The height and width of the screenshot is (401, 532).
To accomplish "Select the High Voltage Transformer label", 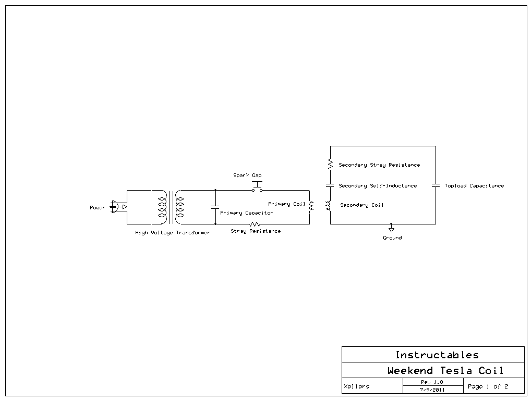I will point(172,233).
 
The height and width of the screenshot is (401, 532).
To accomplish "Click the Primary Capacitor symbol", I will point(215,207).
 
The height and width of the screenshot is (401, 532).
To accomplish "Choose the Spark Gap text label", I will point(247,176).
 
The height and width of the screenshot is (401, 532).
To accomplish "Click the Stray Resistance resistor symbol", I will point(255,224).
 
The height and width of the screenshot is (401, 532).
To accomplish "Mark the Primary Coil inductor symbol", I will point(311,207).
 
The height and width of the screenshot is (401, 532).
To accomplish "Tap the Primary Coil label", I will point(286,204).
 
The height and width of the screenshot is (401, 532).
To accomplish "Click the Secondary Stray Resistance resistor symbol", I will point(330,165).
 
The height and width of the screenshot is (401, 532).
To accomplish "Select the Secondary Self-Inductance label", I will point(378,186).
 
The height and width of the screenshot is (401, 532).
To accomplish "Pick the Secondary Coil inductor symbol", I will point(329,206).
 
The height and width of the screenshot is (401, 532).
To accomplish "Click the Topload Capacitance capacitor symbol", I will point(436,185).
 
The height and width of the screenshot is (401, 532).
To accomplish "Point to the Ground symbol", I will point(391,229).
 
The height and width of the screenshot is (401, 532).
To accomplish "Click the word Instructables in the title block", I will point(437,355).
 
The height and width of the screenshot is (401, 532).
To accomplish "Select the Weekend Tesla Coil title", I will point(445,371).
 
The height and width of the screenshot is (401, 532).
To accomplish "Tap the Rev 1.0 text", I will point(432,382).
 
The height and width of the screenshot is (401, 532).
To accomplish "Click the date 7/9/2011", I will point(432,390).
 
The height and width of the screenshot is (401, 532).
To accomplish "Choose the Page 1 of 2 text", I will point(488,386).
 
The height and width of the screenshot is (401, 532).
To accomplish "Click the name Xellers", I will point(357,386).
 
